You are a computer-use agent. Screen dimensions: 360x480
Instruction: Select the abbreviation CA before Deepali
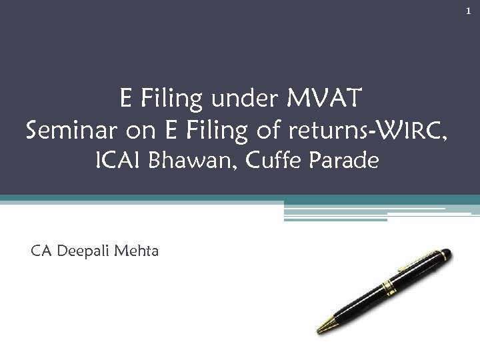(x=41, y=251)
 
